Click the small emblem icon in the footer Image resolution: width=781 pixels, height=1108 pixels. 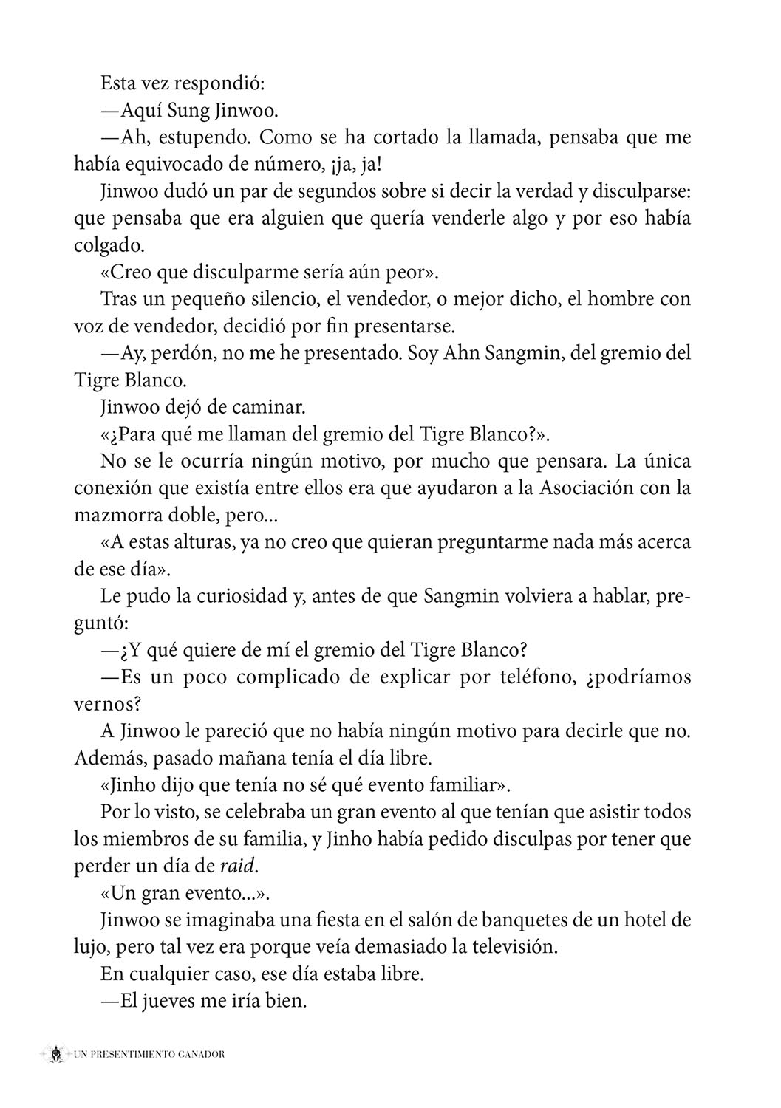pos(55,1054)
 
